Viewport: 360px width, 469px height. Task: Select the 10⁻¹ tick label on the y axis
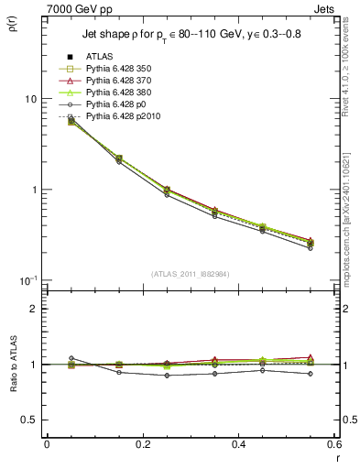[27, 279]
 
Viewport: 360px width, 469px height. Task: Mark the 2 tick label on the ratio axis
[34, 309]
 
